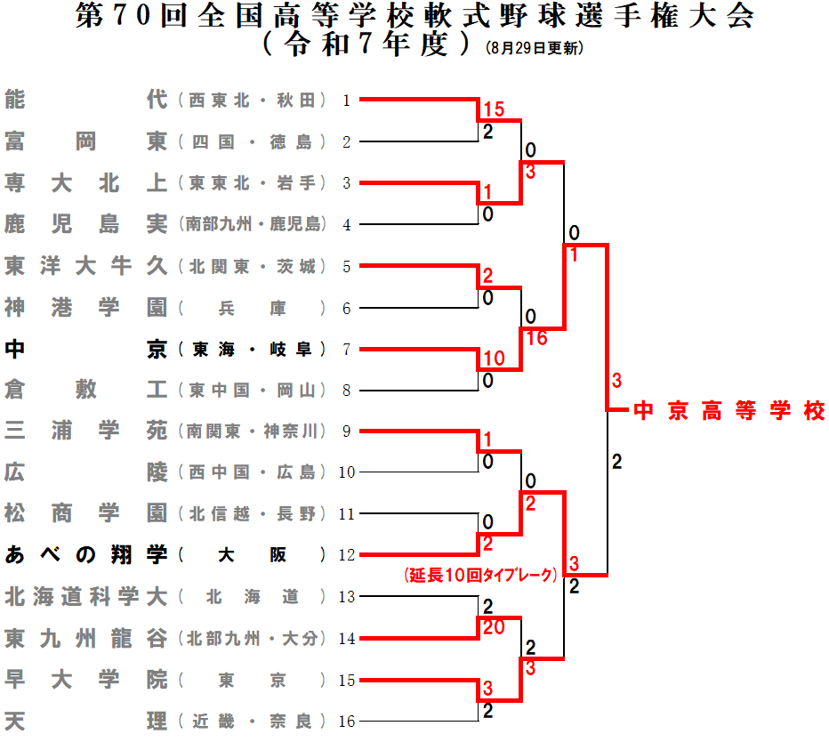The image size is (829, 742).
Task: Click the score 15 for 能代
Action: [x=493, y=110]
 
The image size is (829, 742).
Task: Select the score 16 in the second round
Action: [x=535, y=338]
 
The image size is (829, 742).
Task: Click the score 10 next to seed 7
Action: [x=493, y=359]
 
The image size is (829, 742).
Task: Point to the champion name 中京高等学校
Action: [x=729, y=411]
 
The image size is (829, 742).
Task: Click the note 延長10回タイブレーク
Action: [x=480, y=576]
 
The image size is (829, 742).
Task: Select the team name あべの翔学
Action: [x=85, y=555]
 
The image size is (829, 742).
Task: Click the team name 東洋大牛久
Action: [x=85, y=266]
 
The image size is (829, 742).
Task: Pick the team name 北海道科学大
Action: [x=85, y=596]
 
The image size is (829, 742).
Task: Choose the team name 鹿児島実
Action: [x=85, y=224]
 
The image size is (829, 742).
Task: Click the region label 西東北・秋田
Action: [x=253, y=101]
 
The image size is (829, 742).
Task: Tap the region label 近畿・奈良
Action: [x=253, y=721]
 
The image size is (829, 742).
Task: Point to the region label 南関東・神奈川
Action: [x=253, y=431]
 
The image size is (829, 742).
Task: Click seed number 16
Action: [x=347, y=722]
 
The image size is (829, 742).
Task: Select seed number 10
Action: [x=347, y=472]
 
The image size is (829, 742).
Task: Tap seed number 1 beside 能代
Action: [x=347, y=101]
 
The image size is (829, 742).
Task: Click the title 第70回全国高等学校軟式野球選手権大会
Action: [x=414, y=18]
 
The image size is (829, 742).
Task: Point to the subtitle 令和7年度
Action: [x=366, y=44]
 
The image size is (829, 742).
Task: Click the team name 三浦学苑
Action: [x=85, y=431]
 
